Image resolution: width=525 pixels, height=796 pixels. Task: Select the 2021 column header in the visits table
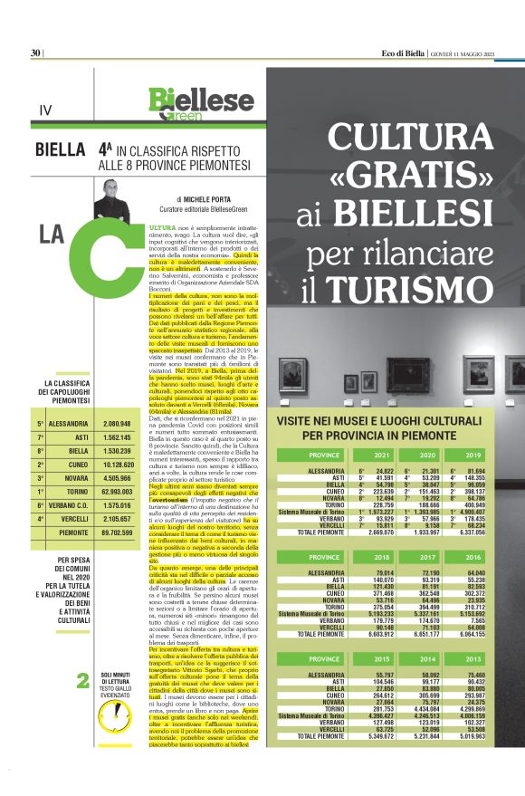tap(381, 455)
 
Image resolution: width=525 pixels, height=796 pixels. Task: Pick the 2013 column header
tap(472, 657)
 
